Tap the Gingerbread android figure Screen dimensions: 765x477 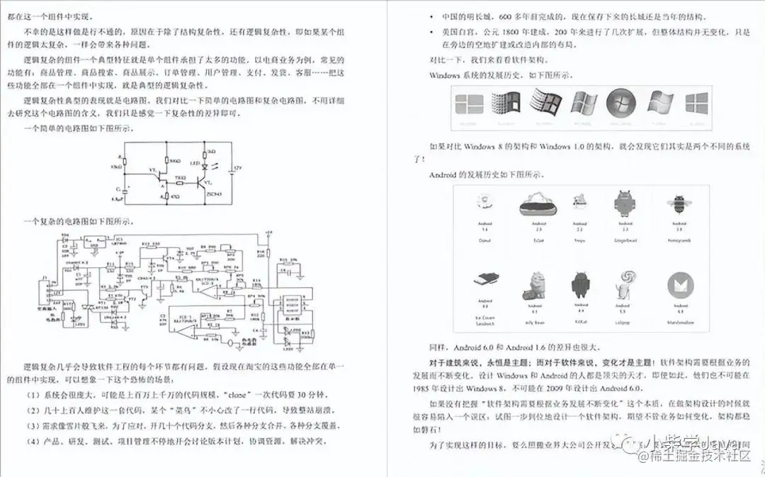coord(623,204)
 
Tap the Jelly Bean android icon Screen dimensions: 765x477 coord(533,284)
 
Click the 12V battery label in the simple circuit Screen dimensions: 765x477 coord(239,168)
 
